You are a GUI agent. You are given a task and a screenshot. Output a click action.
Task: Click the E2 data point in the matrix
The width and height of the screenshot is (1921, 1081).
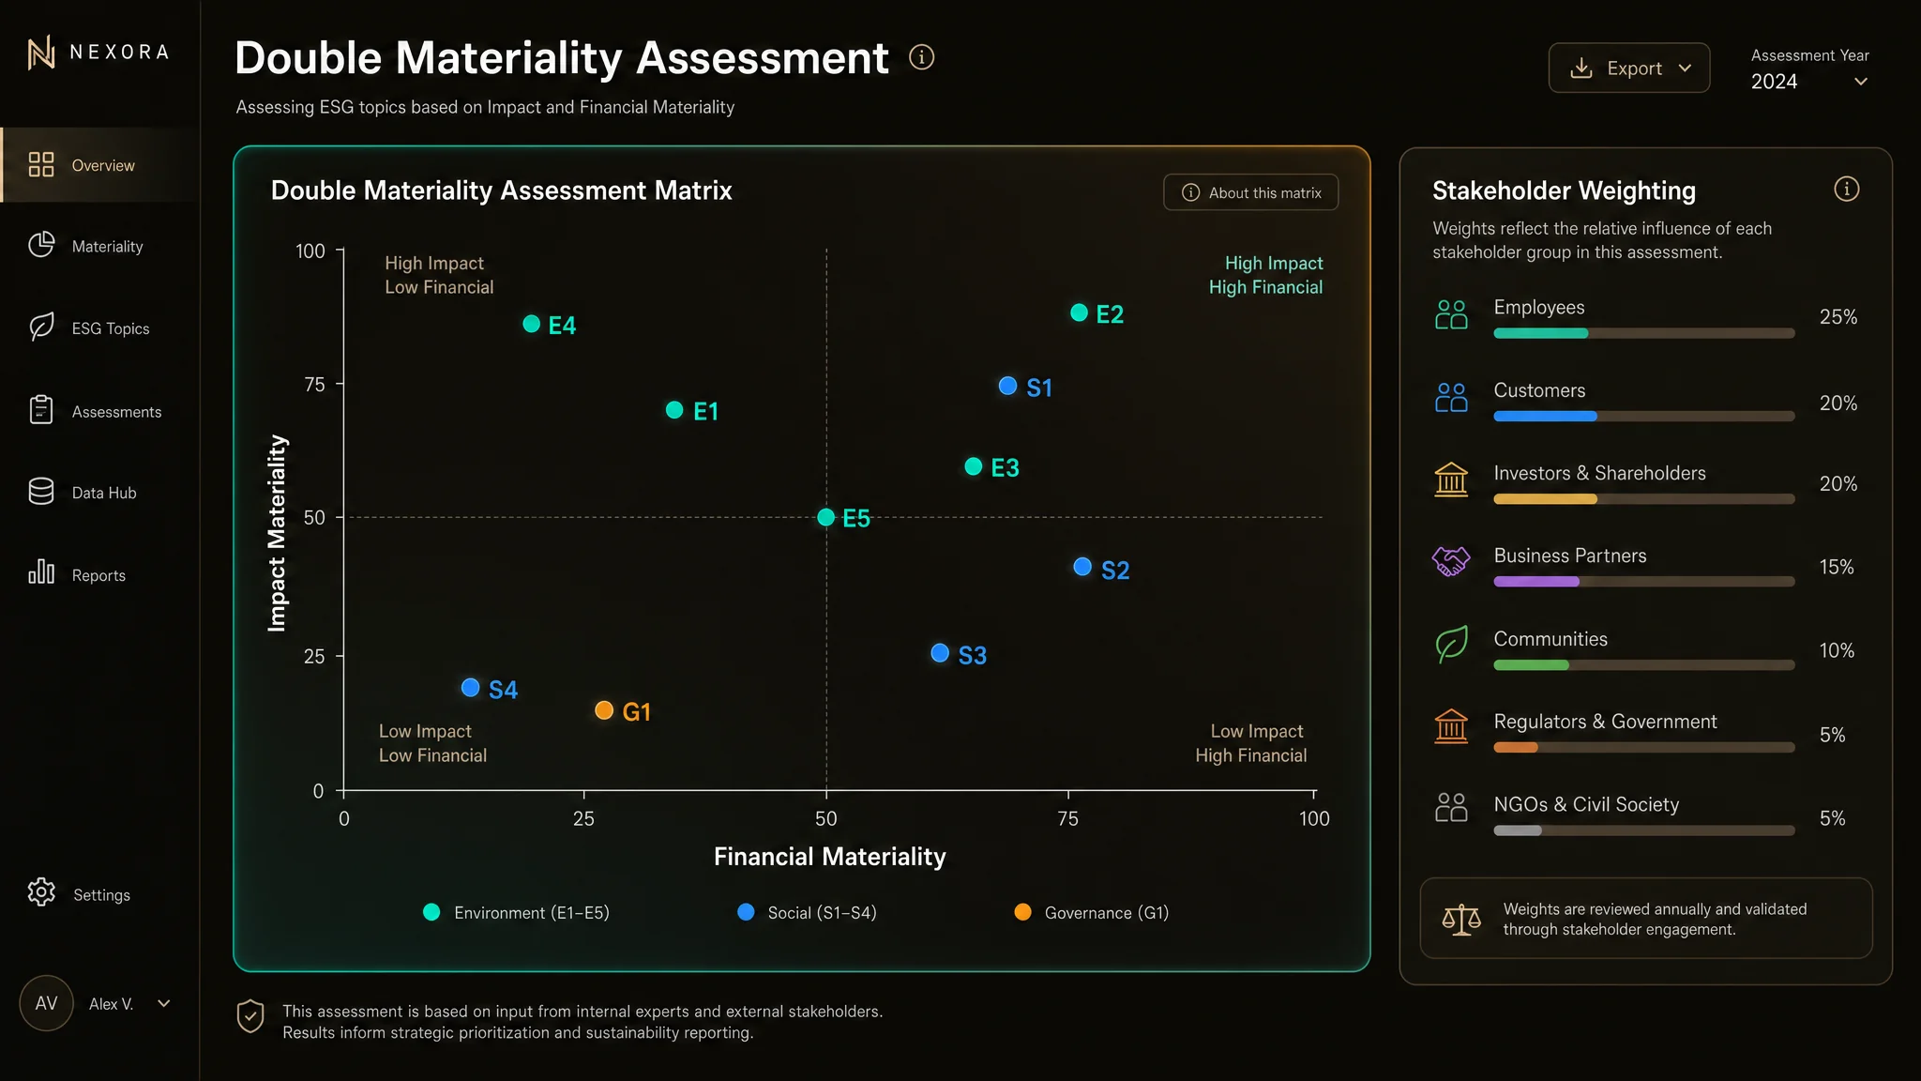[x=1079, y=312]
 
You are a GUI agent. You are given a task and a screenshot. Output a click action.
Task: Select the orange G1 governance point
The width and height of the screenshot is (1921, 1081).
[x=604, y=710]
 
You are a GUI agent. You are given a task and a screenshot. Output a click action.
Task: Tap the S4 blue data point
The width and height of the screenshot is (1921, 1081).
[x=471, y=688]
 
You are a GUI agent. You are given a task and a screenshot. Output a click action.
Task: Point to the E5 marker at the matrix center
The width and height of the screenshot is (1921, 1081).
[x=825, y=517]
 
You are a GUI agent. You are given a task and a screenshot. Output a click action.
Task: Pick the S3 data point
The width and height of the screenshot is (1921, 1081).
[x=940, y=653]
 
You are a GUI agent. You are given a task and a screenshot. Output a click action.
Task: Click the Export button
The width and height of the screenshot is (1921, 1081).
[x=1628, y=68]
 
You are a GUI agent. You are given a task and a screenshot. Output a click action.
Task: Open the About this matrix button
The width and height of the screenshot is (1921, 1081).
[x=1250, y=192]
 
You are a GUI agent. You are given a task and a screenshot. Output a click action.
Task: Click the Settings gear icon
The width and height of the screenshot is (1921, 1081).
[x=41, y=892]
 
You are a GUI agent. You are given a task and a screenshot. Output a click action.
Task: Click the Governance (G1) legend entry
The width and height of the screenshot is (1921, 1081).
[x=1092, y=912]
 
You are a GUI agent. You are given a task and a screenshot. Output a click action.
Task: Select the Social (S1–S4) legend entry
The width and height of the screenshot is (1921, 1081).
[x=808, y=912]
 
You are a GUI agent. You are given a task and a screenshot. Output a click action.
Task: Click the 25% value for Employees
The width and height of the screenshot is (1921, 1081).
[x=1838, y=317]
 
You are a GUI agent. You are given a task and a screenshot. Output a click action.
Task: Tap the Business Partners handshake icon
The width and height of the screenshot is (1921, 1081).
[x=1451, y=561]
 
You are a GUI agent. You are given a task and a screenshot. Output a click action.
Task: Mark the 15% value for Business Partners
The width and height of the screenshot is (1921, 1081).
[x=1837, y=567]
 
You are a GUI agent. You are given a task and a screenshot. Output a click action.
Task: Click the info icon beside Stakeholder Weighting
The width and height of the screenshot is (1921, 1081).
[x=1846, y=189]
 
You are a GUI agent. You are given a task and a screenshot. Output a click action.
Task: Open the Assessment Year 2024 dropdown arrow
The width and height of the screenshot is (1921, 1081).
[x=1861, y=82]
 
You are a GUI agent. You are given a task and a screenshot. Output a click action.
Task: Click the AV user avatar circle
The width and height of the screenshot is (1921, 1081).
[x=46, y=1003]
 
